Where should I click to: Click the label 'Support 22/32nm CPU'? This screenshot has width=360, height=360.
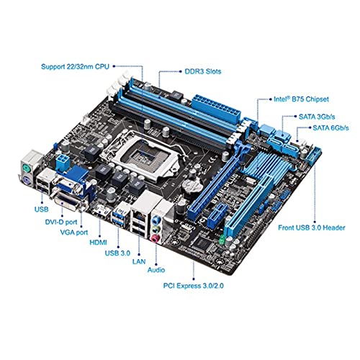pyautogui.click(x=75, y=66)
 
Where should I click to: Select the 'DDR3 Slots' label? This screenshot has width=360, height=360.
pyautogui.click(x=203, y=71)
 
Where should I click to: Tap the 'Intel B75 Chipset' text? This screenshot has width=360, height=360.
pyautogui.click(x=301, y=99)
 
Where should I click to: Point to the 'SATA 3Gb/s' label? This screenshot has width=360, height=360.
pyautogui.click(x=317, y=117)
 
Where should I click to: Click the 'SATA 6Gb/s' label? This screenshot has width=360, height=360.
pyautogui.click(x=330, y=128)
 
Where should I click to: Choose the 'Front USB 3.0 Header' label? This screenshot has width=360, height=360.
pyautogui.click(x=312, y=228)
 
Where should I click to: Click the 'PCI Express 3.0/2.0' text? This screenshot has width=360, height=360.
pyautogui.click(x=194, y=286)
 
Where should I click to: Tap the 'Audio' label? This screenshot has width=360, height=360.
pyautogui.click(x=156, y=270)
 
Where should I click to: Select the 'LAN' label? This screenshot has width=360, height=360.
pyautogui.click(x=139, y=261)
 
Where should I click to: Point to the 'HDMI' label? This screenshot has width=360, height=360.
pyautogui.click(x=98, y=243)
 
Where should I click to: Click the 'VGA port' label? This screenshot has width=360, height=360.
pyautogui.click(x=74, y=233)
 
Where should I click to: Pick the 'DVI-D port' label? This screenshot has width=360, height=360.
pyautogui.click(x=61, y=222)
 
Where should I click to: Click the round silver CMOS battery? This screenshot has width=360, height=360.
pyautogui.click(x=191, y=185)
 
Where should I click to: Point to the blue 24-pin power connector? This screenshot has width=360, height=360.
pyautogui.click(x=216, y=109)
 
